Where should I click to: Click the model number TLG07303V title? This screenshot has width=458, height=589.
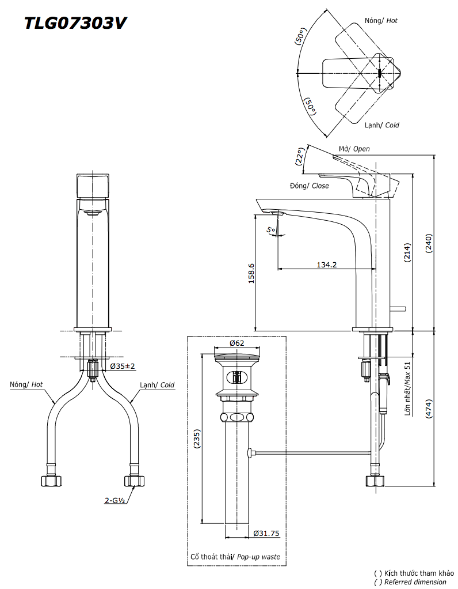click(x=75, y=23)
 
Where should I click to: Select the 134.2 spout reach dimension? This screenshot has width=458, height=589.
click(x=327, y=265)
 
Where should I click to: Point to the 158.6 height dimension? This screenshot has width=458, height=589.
click(x=251, y=273)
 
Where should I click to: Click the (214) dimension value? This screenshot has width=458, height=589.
click(x=407, y=252)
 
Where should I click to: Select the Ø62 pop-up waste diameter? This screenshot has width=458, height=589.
click(x=236, y=342)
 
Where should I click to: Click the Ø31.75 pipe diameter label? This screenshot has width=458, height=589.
click(x=266, y=533)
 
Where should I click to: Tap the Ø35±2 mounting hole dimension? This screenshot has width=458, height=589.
click(x=123, y=366)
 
